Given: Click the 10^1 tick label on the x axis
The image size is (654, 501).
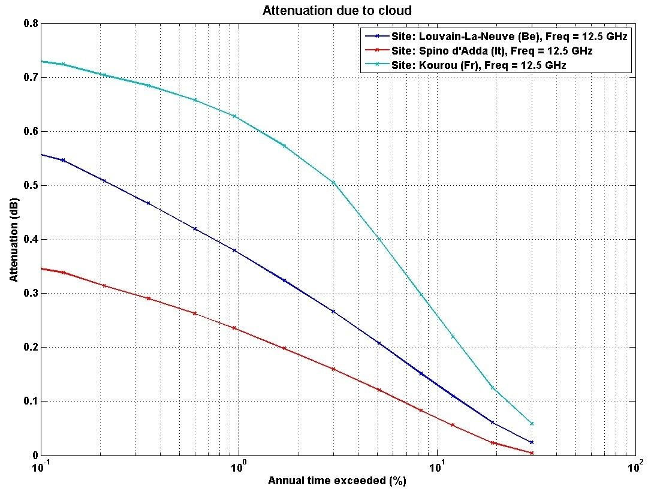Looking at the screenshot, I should (438, 466).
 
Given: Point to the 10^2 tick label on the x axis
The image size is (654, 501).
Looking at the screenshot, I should (636, 466).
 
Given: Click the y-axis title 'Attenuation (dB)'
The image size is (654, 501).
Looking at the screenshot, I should (14, 240).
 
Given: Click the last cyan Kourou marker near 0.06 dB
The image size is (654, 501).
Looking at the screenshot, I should (531, 424).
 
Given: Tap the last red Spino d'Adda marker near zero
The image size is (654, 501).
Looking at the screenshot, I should (531, 453).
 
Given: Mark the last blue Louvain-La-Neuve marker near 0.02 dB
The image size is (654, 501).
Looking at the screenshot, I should (531, 442).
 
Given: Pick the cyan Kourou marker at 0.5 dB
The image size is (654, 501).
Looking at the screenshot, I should (333, 183).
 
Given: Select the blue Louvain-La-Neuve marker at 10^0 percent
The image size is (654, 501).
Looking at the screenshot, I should (234, 251).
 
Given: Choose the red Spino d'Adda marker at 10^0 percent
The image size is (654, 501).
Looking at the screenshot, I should (234, 328).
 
